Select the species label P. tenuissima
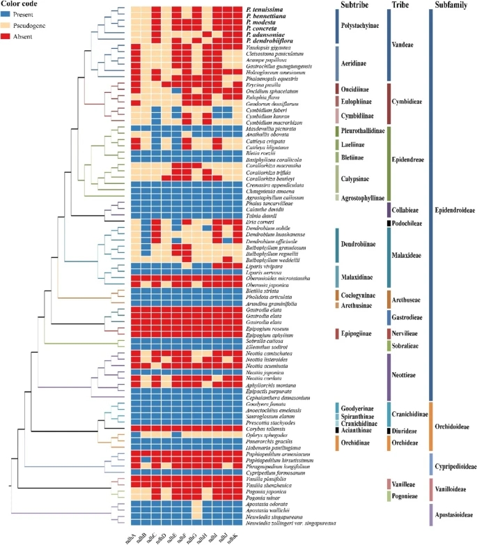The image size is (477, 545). pyautogui.click(x=265, y=9)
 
